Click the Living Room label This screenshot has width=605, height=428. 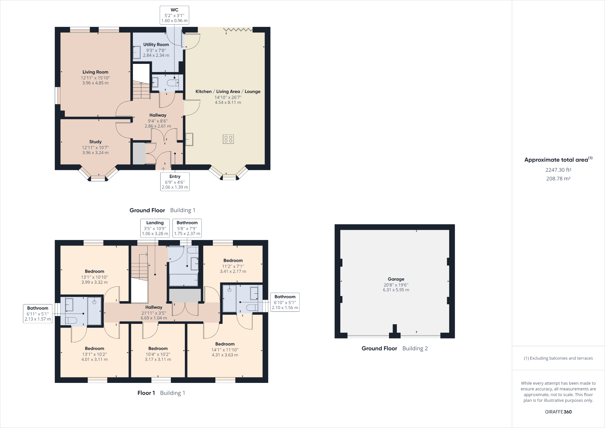(x=95, y=72)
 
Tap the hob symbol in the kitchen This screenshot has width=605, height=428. (x=228, y=139)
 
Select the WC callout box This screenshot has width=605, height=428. (x=175, y=15)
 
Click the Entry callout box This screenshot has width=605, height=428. (x=175, y=182)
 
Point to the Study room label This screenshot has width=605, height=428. (x=95, y=142)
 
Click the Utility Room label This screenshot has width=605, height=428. (x=156, y=44)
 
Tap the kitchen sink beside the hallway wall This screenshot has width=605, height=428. (x=189, y=139)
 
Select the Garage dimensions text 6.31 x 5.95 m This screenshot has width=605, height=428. (x=396, y=290)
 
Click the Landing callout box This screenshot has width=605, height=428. (x=155, y=228)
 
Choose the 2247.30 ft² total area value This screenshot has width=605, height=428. (x=558, y=170)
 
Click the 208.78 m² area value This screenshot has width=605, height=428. (x=558, y=179)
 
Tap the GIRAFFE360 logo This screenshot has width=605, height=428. (x=558, y=412)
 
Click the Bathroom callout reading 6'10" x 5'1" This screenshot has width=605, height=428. (x=285, y=302)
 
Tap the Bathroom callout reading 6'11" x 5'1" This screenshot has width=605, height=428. (x=38, y=314)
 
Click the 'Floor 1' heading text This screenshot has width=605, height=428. (x=146, y=393)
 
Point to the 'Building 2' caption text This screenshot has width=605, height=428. (x=415, y=348)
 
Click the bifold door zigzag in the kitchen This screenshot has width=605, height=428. (x=238, y=30)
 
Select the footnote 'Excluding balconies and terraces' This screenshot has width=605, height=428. (x=558, y=358)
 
